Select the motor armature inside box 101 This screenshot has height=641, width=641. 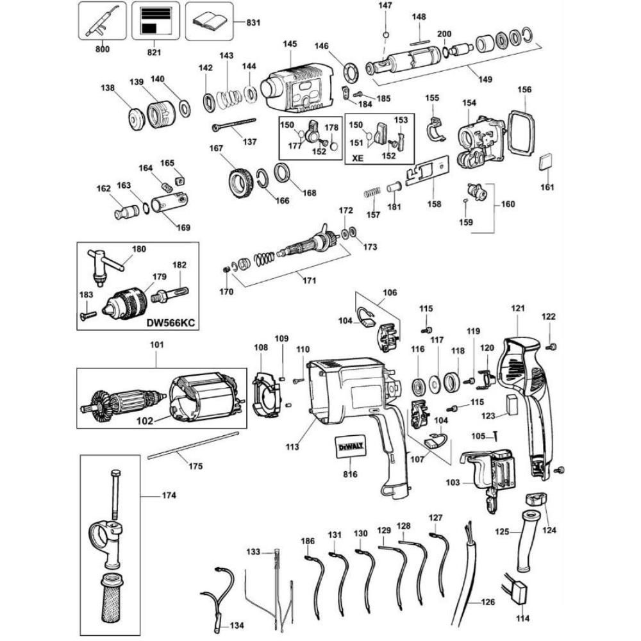[121, 403]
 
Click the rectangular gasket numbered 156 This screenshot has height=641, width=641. [520, 132]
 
